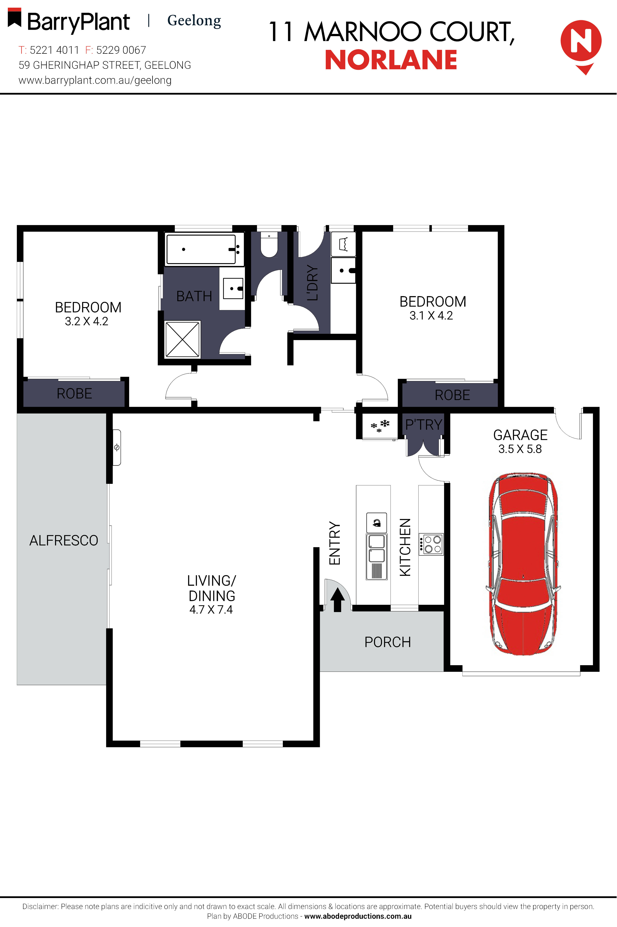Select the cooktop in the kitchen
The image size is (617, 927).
click(x=431, y=544)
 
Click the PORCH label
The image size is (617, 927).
click(x=388, y=642)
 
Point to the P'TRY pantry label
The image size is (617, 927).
click(x=424, y=424)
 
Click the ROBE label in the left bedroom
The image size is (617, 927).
click(x=74, y=393)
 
